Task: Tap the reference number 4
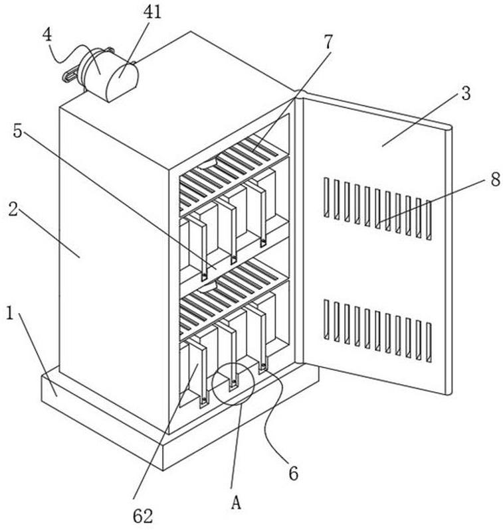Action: pyautogui.click(x=49, y=34)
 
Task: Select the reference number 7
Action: pyautogui.click(x=328, y=42)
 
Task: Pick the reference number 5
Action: pyautogui.click(x=18, y=131)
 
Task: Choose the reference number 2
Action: pyautogui.click(x=13, y=212)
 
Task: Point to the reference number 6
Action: pyautogui.click(x=293, y=473)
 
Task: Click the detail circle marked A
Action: pyautogui.click(x=233, y=383)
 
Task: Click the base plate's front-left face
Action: pyautogui.click(x=100, y=425)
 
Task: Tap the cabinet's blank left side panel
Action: pyautogui.click(x=110, y=265)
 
